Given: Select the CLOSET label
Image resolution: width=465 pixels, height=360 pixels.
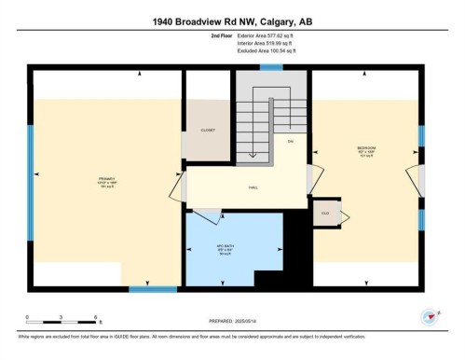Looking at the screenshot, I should point(208,131).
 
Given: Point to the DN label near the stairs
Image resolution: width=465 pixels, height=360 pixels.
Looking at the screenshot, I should point(290,141).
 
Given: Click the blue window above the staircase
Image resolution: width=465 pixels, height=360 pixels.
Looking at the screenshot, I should point(271,68).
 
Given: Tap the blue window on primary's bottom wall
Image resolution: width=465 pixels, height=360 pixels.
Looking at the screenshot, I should point(152,288).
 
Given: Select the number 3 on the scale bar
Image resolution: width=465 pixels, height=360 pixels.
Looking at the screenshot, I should point(61,318).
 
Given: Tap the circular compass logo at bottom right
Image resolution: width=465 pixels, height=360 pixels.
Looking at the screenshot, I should point(430,317).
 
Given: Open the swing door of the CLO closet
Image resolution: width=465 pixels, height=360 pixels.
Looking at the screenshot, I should point(347,216).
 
